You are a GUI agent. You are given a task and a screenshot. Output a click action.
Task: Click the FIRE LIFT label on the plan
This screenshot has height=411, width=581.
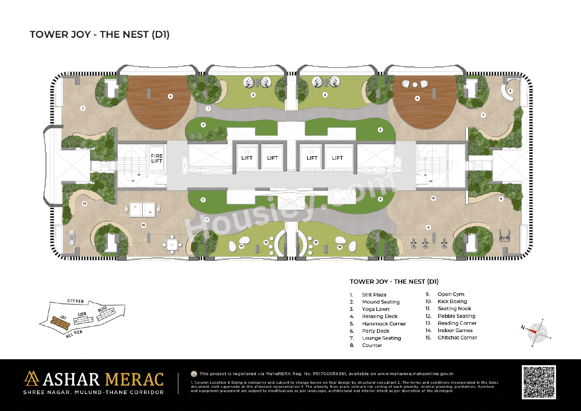(x=157, y=158)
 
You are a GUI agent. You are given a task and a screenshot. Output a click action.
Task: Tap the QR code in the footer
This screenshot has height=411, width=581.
(x=539, y=382)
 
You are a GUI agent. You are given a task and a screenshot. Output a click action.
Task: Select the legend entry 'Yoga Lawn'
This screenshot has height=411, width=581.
(x=375, y=309)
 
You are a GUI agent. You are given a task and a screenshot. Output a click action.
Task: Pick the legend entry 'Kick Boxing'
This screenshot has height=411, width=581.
(x=452, y=302)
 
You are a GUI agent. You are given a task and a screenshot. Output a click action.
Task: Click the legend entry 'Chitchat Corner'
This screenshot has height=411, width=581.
(x=457, y=338)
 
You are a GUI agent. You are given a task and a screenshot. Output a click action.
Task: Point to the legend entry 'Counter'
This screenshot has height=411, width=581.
(x=372, y=345)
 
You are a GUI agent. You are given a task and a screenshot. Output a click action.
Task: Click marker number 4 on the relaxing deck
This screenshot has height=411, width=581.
(x=171, y=96)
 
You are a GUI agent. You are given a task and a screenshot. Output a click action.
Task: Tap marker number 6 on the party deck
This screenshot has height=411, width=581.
(x=417, y=98)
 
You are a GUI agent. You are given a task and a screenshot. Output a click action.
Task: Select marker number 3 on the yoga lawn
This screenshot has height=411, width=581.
(x=83, y=108)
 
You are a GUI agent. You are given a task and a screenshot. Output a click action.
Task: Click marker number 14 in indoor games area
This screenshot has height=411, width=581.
(x=143, y=225)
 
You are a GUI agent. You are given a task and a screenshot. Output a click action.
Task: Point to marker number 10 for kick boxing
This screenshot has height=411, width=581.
(x=433, y=198)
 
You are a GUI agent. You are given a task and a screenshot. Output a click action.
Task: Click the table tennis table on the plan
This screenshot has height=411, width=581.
(x=143, y=210)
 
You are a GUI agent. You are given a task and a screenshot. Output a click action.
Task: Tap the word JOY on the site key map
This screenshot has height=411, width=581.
(x=63, y=318)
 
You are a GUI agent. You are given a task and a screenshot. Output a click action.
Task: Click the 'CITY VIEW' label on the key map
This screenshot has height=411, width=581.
(x=76, y=301)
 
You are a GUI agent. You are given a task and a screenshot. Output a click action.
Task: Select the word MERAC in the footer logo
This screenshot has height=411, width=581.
(x=134, y=380)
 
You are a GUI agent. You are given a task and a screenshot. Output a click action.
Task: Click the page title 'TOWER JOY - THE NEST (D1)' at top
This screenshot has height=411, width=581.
(x=100, y=34)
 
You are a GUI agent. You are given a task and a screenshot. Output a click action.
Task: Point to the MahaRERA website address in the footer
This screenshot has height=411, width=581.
(x=415, y=374)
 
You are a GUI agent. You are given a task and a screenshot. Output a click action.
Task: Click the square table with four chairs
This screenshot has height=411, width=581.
(x=172, y=245)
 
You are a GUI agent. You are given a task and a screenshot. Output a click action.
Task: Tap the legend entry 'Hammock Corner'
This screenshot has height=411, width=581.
(x=384, y=324)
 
